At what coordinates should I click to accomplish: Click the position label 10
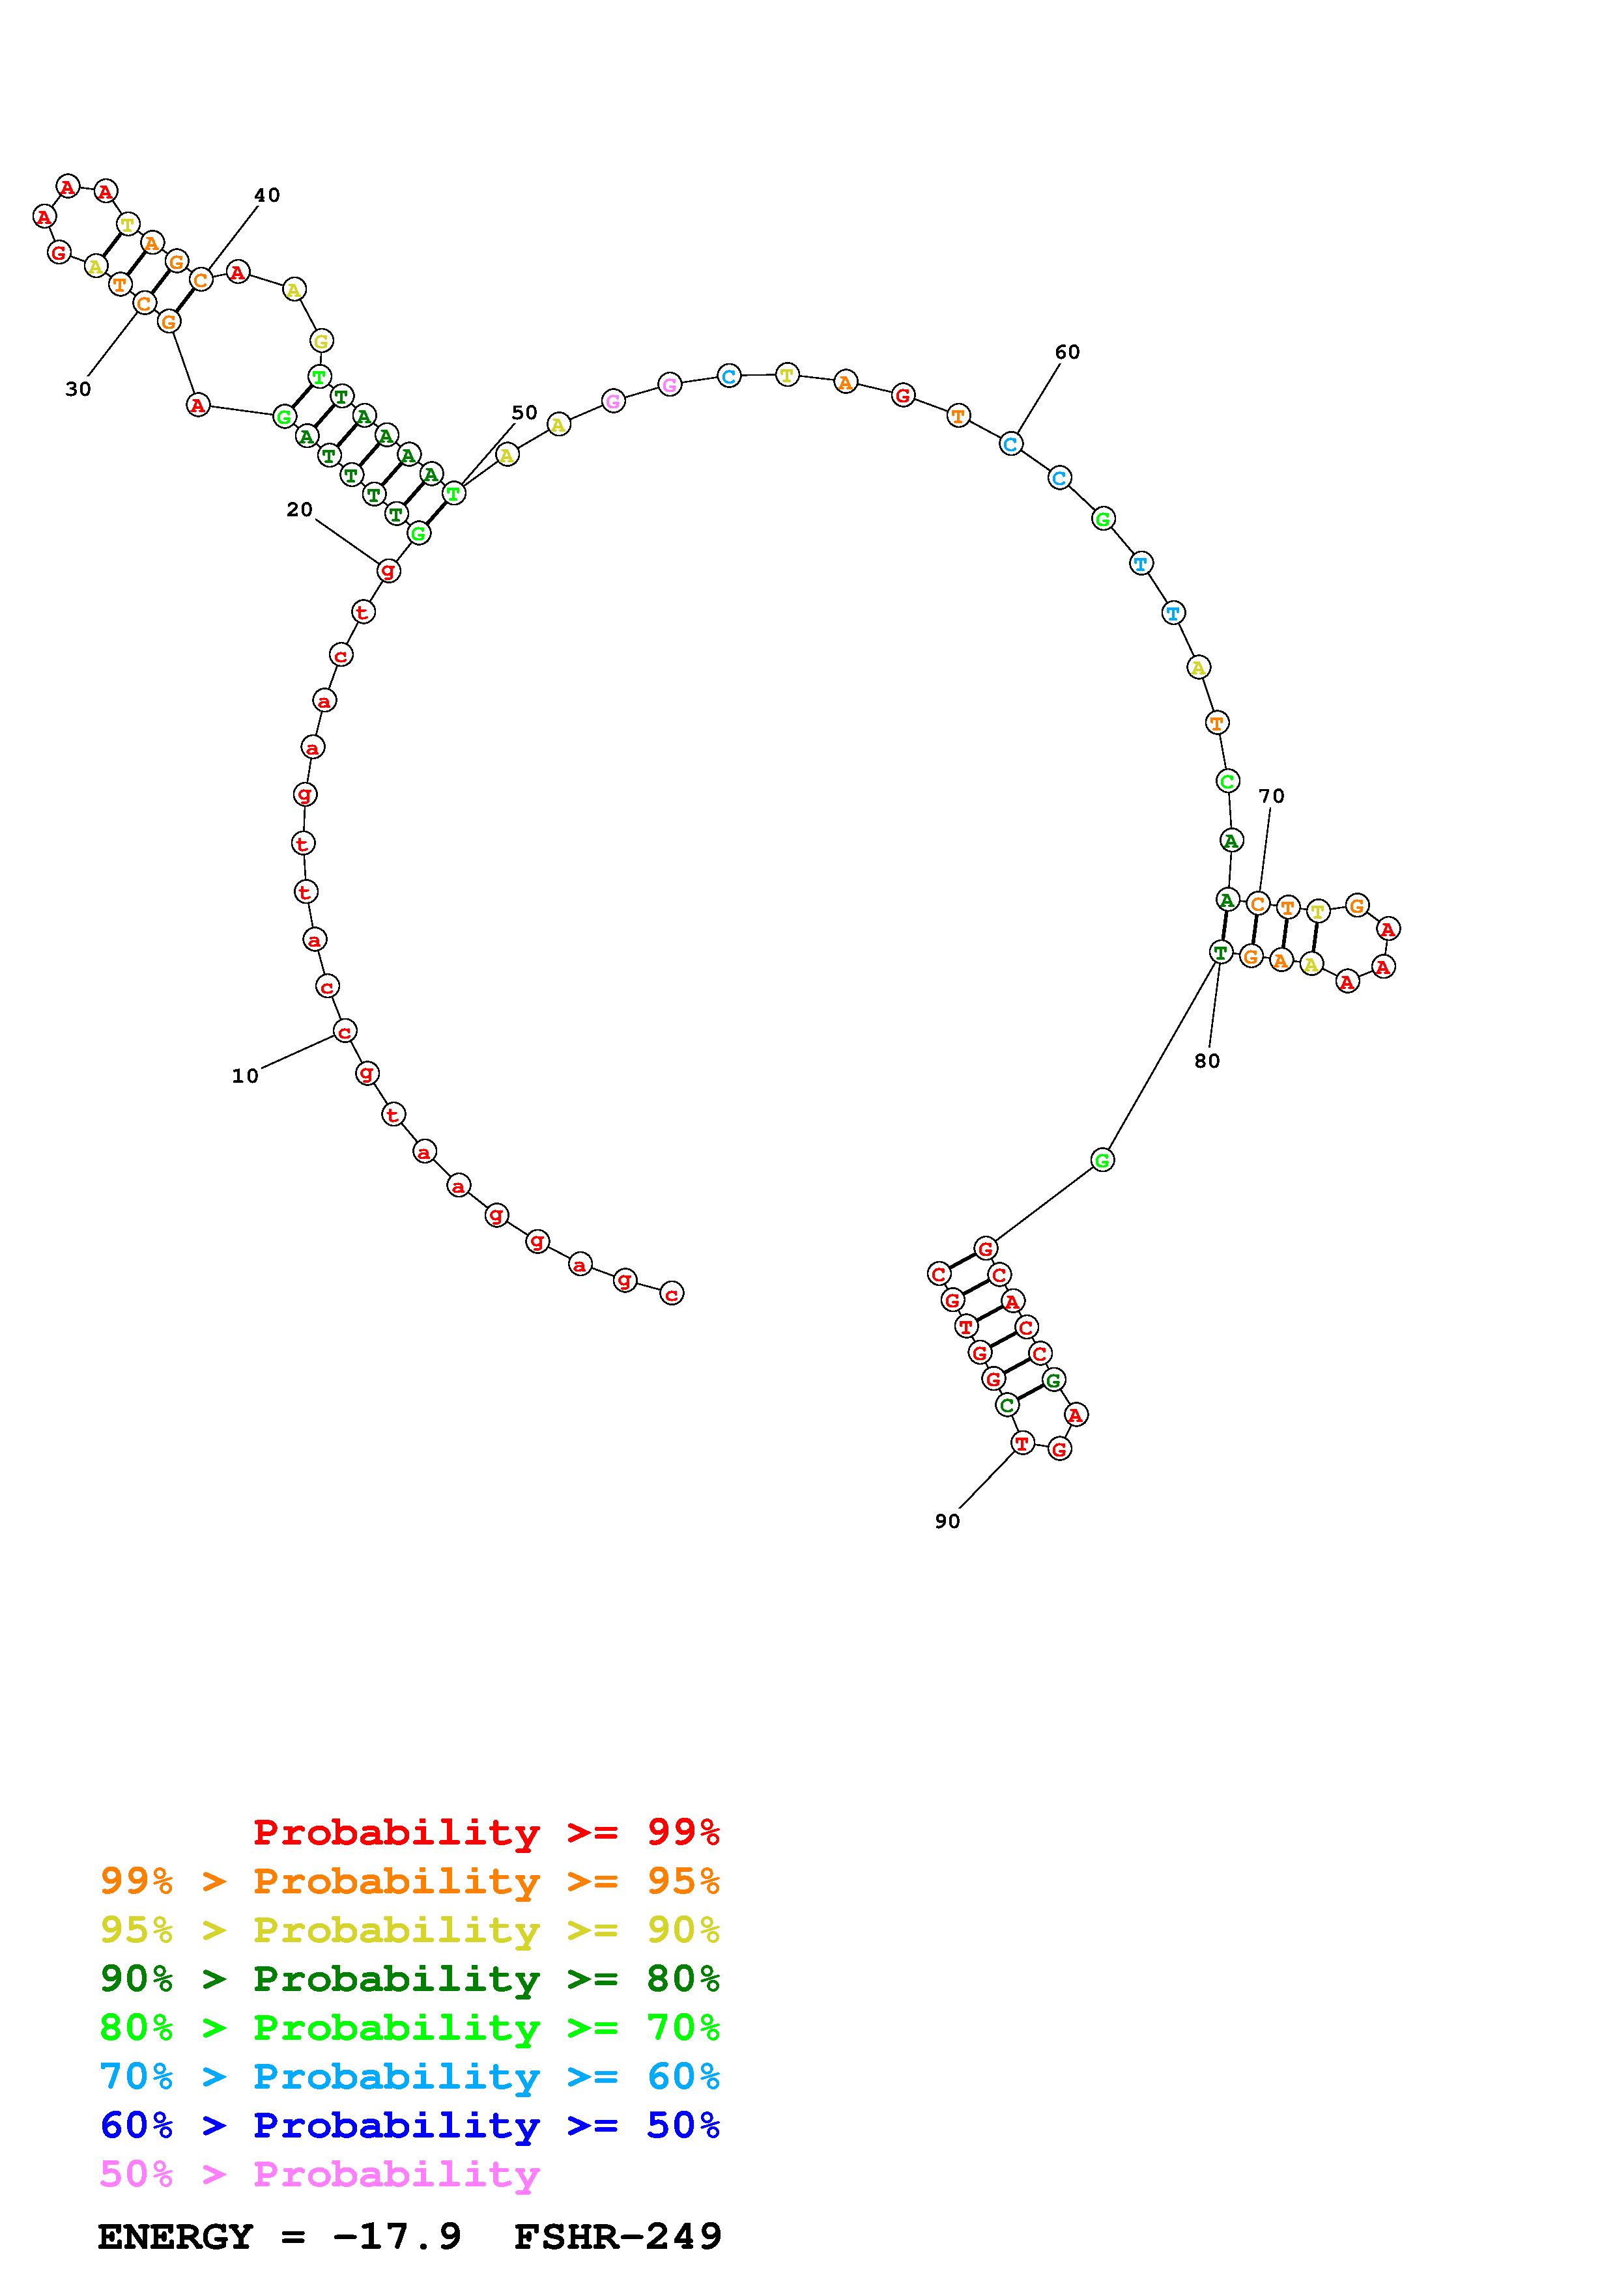coord(245,1076)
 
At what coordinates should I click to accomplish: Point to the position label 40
coord(266,195)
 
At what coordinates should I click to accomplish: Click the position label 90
coord(947,1521)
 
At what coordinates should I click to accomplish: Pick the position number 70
coord(1271,796)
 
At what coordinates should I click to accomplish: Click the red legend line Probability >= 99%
coord(487,1831)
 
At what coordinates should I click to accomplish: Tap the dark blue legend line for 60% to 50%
coord(410,2125)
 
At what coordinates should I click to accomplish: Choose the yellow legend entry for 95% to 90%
coord(410,1930)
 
